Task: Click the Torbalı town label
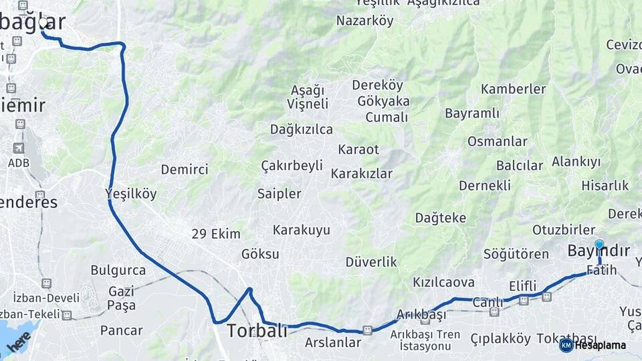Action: pyautogui.click(x=257, y=330)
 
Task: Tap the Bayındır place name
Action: pyautogui.click(x=599, y=251)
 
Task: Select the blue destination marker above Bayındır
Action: pyautogui.click(x=599, y=245)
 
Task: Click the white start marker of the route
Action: pyautogui.click(x=43, y=23)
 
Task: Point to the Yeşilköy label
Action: pyautogui.click(x=131, y=194)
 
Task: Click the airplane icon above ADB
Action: pyautogui.click(x=18, y=148)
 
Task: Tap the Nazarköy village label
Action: pyautogui.click(x=364, y=20)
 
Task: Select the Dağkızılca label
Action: pyautogui.click(x=301, y=129)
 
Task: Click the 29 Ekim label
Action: pyautogui.click(x=215, y=234)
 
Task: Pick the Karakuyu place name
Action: pyautogui.click(x=301, y=230)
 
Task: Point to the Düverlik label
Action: pyautogui.click(x=371, y=261)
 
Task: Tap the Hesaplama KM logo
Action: pyautogui.click(x=593, y=345)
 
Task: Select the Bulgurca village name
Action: pyautogui.click(x=118, y=270)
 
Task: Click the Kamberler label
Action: pyautogui.click(x=513, y=89)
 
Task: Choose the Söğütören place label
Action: pyautogui.click(x=516, y=254)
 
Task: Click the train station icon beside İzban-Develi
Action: pyautogui.click(x=46, y=283)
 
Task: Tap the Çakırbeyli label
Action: pyautogui.click(x=292, y=165)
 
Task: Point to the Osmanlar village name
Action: pyautogui.click(x=497, y=141)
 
